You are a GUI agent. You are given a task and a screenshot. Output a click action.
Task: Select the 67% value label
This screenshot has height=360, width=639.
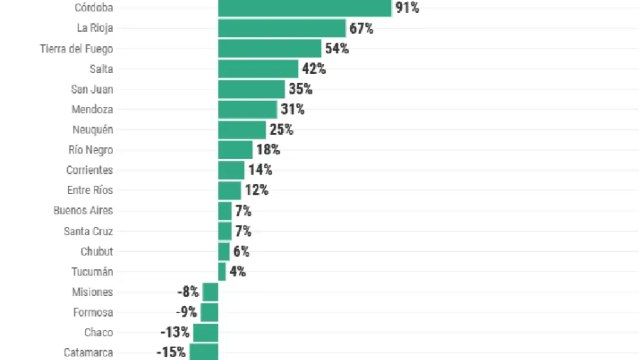coord(361,28)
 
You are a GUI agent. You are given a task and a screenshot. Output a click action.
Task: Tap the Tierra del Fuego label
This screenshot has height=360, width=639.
coord(76,49)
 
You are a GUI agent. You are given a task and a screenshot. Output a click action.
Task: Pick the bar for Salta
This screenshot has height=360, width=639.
coord(258,69)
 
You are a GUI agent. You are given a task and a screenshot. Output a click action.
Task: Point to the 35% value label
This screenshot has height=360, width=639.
coord(300,89)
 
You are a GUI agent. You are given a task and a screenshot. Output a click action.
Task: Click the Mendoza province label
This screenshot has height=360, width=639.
coord(92,109)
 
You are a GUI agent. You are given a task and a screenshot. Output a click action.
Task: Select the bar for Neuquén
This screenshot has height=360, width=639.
coord(241,130)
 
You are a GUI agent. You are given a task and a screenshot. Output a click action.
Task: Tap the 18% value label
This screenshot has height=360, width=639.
coord(268,150)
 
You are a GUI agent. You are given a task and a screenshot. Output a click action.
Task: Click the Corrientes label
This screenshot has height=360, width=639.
coord(89,170)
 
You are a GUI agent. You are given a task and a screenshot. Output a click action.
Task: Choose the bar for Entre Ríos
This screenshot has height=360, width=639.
coord(229,190)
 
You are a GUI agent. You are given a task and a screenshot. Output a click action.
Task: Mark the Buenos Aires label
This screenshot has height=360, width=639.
coord(83,210)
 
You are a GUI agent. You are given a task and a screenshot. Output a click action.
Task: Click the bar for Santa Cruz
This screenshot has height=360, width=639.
coord(224,231)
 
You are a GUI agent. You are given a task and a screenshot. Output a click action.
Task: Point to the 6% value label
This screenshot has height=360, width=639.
coord(241,251)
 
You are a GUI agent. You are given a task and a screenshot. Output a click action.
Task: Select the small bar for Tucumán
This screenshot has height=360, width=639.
coord(222,271)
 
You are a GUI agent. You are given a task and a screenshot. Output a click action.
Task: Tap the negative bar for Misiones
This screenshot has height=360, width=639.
coord(210,292)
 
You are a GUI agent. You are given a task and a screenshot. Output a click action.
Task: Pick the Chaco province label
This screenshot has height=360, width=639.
coord(99,332)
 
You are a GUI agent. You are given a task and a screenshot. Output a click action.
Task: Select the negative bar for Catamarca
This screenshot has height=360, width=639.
coord(204,351)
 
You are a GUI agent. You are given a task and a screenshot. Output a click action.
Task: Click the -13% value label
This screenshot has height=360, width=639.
coord(175,332)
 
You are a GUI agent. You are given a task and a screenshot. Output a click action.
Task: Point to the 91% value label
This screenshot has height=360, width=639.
coord(408,9)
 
